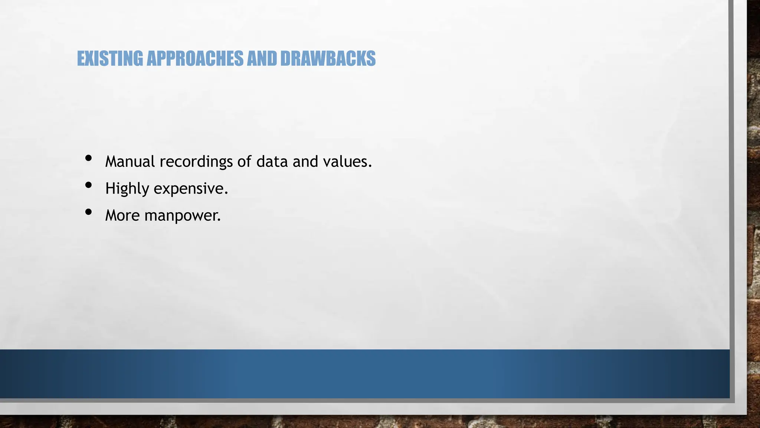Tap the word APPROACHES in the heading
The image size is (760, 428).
tap(195, 59)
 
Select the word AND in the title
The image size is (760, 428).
tap(262, 59)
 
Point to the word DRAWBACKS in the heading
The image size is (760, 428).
tap(328, 59)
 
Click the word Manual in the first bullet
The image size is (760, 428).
tap(130, 162)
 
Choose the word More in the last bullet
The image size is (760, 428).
tap(122, 215)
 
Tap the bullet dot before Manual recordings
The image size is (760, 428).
tap(88, 158)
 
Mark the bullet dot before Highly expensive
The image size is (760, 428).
tap(88, 185)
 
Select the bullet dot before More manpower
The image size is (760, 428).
tap(88, 212)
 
